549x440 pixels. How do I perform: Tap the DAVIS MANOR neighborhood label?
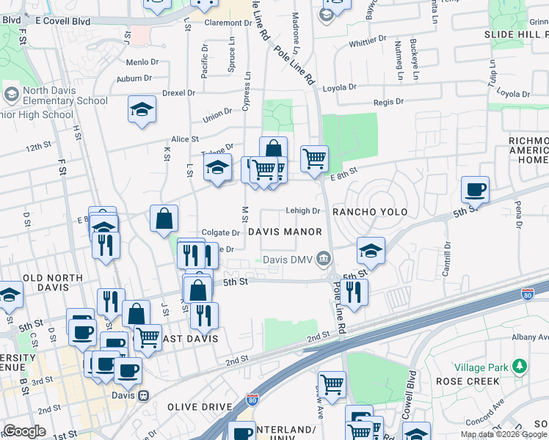tap(285, 232)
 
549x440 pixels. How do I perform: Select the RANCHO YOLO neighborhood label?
tap(369, 212)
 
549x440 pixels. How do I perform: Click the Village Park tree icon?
tap(520, 365)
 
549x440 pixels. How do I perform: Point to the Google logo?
tap(24, 430)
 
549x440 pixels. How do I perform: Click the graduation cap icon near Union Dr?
tap(142, 111)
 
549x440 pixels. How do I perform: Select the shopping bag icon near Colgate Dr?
tap(164, 218)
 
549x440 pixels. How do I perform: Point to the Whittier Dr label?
tap(367, 43)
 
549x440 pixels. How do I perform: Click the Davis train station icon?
tap(145, 395)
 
